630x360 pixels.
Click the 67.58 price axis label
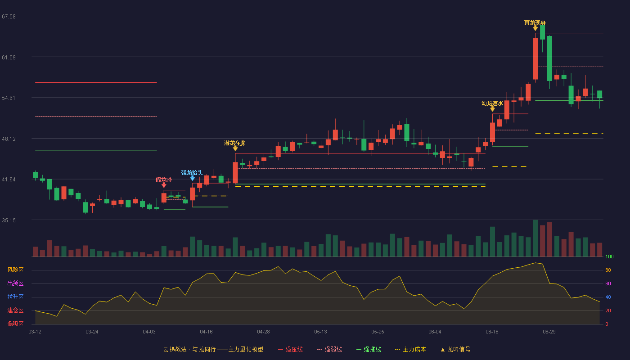coord(9,17)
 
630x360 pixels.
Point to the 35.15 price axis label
coord(9,220)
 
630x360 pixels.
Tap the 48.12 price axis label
coord(9,139)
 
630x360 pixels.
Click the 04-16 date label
coord(206,332)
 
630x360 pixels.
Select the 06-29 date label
coord(549,332)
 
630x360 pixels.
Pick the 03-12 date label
coord(35,332)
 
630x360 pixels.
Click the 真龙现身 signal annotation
coord(535,22)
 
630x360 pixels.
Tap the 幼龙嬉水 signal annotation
coord(492,103)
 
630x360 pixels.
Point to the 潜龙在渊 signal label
coord(235,143)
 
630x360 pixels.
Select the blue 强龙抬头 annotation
coord(192,173)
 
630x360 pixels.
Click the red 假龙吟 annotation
coord(164,180)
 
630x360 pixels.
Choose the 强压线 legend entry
coord(290,349)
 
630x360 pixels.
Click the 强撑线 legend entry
coord(369,349)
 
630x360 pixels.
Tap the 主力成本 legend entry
coord(410,349)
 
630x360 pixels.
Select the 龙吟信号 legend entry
coord(455,349)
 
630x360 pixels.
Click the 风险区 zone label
coord(15,270)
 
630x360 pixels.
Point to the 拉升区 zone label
coord(15,297)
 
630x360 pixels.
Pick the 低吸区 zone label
coord(15,324)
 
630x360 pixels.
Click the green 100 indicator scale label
coord(609,256)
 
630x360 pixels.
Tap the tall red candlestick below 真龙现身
coord(535,58)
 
